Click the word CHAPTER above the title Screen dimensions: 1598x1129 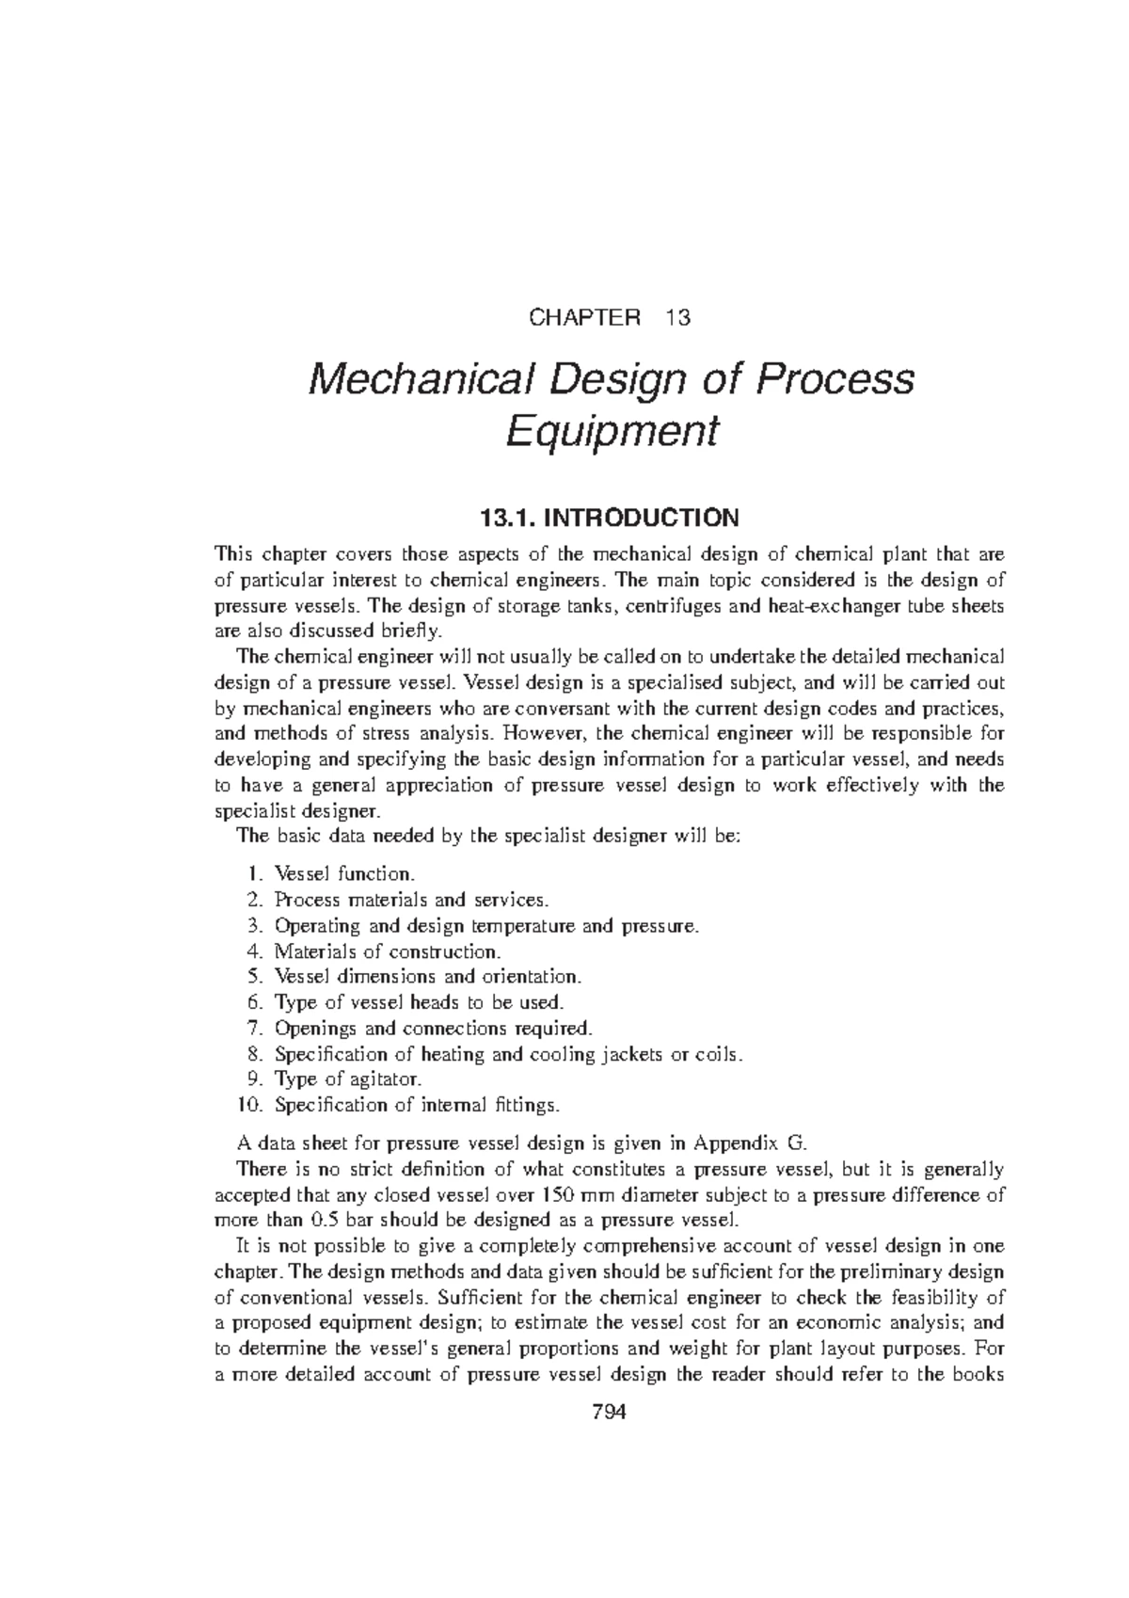pyautogui.click(x=583, y=317)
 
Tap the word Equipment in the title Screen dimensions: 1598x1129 pyautogui.click(x=612, y=432)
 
